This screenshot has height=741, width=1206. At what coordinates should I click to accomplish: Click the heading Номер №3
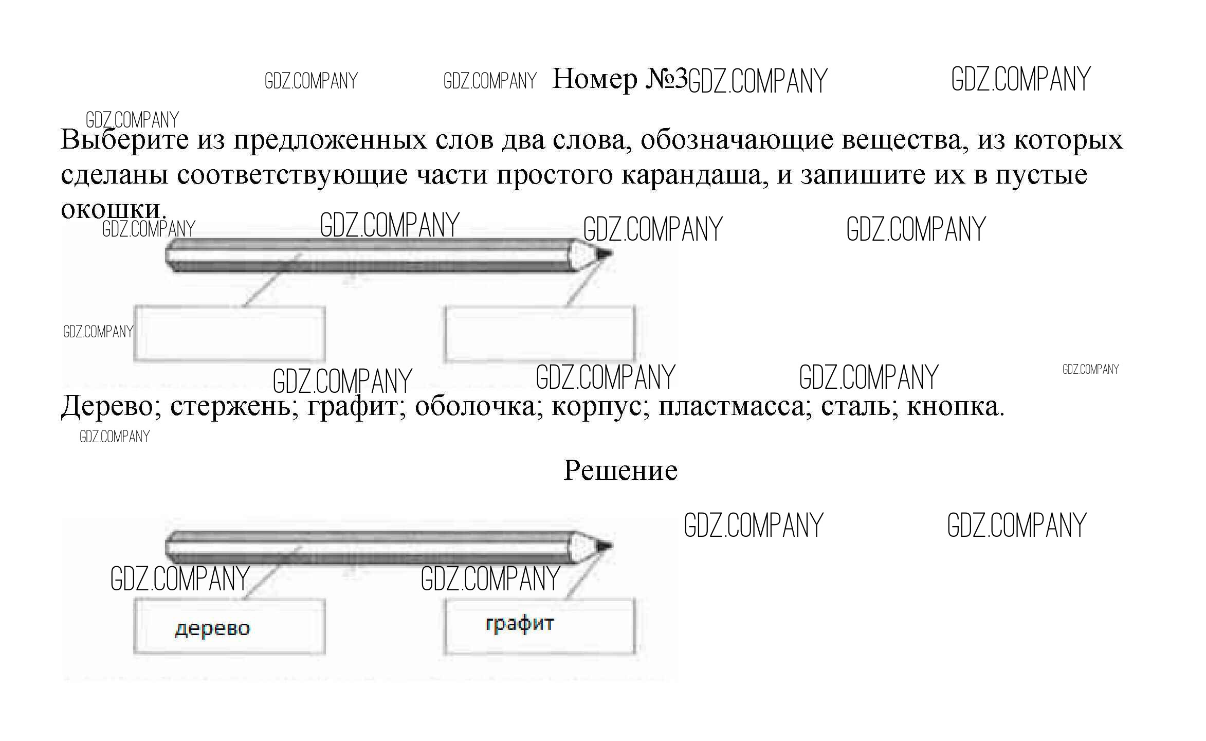(619, 79)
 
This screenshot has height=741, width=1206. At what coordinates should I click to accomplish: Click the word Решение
(620, 470)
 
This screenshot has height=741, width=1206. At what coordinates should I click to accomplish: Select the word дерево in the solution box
(212, 629)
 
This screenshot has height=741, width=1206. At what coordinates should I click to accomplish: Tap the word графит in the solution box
(520, 624)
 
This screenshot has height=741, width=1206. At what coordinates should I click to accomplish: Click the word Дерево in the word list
(107, 407)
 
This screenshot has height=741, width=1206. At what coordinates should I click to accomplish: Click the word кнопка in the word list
(954, 407)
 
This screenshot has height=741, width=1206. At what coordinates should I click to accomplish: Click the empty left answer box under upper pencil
(229, 333)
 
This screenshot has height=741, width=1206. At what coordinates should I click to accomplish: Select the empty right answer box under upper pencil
(540, 333)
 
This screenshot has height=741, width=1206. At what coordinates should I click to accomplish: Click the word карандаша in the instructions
(695, 175)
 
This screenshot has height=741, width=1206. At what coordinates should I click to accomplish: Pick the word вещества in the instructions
(901, 140)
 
